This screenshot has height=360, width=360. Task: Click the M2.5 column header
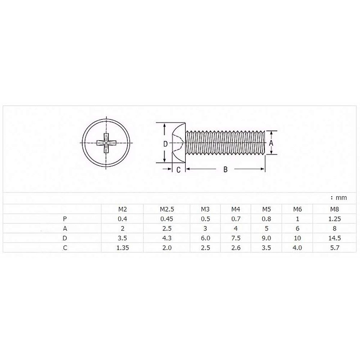167,209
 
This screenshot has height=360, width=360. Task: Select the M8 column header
334,209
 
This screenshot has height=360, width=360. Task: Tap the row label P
65,219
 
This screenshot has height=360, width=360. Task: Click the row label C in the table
65,248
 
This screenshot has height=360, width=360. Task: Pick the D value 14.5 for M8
334,238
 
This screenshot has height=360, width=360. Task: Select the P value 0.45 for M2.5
167,219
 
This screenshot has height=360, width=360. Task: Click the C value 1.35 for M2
122,248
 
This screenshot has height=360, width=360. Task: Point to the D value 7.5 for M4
236,238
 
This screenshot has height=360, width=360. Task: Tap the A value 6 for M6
297,229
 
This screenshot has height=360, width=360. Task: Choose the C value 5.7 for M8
334,248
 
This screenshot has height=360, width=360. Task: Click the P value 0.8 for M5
266,219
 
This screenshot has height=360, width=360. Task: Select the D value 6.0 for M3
205,238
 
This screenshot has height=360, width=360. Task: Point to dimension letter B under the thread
225,169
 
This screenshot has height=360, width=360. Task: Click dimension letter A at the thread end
271,143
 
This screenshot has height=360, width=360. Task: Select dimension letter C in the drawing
178,170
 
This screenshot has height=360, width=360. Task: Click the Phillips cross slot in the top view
106,143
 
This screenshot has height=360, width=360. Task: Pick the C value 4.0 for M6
297,248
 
